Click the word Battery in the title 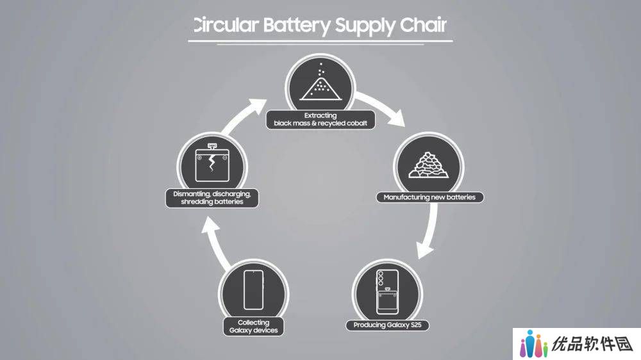296,26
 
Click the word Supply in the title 365,26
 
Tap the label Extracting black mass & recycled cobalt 320,119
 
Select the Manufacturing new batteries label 429,197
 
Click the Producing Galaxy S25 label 387,325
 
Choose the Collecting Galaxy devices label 253,327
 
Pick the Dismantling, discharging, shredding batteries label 212,198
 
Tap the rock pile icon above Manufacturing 428,165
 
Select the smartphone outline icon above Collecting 253,290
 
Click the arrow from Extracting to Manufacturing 380,107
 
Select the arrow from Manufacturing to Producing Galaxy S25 429,231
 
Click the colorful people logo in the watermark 533,343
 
